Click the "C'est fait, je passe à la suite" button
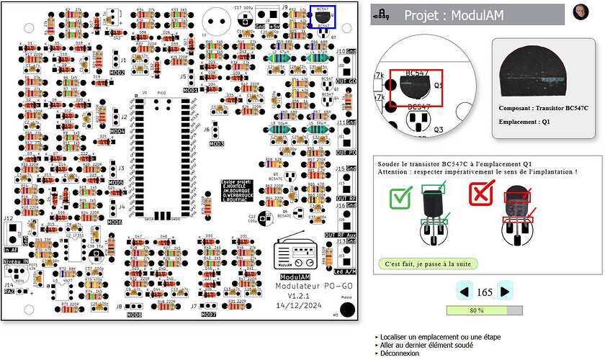(428, 264)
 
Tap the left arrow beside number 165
(465, 292)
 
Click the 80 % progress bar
(485, 310)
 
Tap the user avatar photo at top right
(581, 12)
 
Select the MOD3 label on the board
(216, 144)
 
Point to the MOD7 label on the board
(209, 315)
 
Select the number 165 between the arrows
(485, 292)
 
